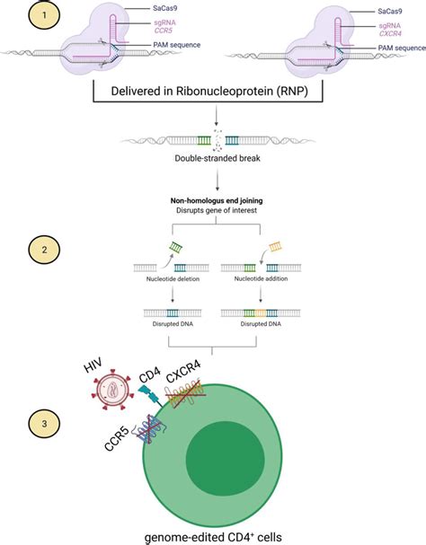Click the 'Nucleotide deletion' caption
coord(170,280)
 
